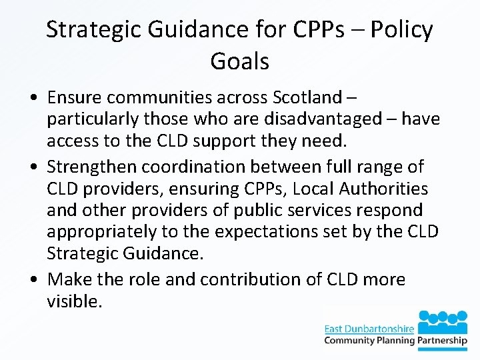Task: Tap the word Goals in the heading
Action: tap(239, 61)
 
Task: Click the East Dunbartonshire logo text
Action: tap(369, 328)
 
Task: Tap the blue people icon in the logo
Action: tap(443, 321)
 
